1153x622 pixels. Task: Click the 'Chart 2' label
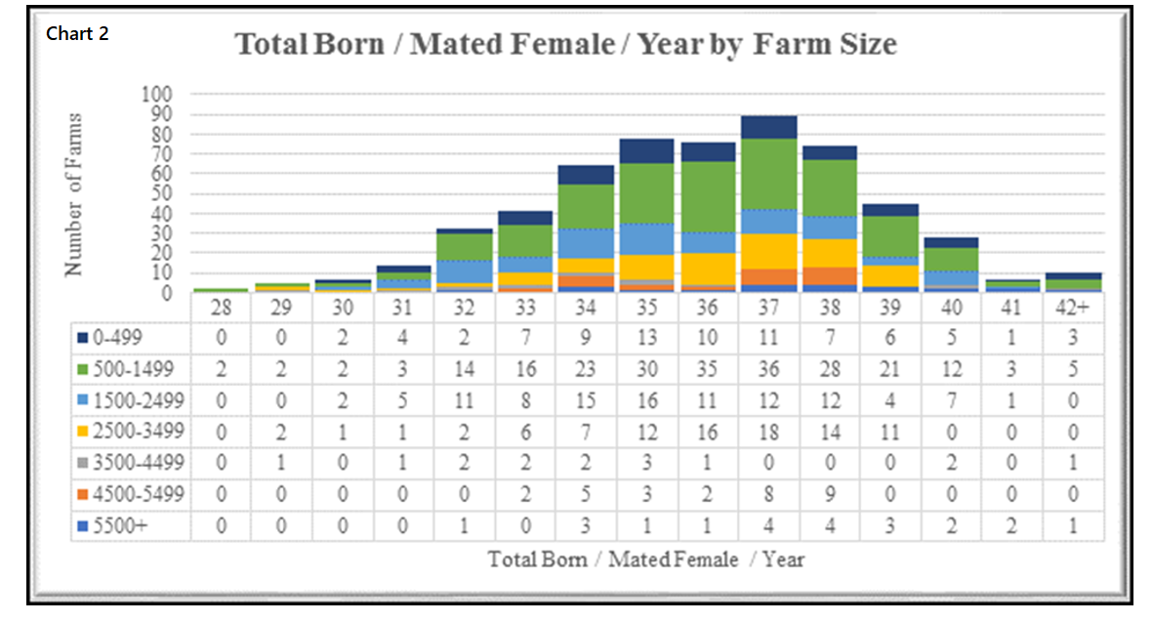click(77, 34)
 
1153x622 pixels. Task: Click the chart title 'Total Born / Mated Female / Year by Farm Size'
click(565, 45)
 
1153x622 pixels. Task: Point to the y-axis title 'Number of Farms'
click(74, 194)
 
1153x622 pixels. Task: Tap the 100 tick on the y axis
click(157, 95)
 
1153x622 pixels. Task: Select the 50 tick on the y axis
click(161, 193)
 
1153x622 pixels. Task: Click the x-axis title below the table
click(646, 560)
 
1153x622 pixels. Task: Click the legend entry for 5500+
click(114, 524)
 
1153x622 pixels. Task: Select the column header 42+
click(1073, 308)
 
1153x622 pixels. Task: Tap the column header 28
click(221, 308)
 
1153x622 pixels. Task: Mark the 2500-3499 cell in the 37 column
click(768, 432)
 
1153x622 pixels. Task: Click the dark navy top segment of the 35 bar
click(646, 150)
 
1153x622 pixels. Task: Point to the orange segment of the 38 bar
click(829, 275)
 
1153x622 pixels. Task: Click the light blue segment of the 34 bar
click(586, 243)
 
